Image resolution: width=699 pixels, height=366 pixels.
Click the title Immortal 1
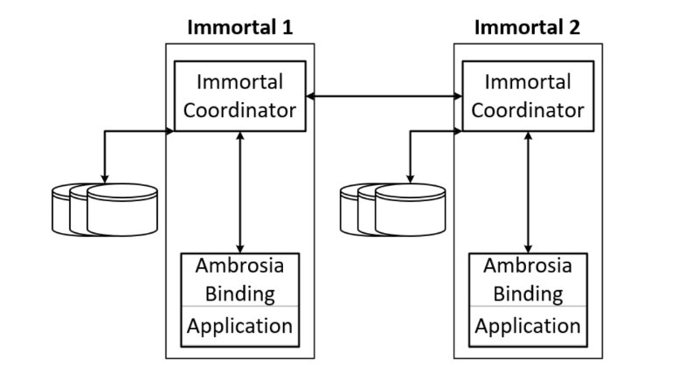point(239,27)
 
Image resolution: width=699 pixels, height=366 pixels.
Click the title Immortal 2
point(528,27)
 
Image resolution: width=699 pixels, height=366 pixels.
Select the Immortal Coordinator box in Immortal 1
point(239,96)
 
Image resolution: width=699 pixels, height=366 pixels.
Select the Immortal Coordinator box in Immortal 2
point(528,96)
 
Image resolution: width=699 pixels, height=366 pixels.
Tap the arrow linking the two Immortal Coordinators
point(384,96)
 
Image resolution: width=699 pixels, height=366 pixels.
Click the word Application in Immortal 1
point(239,327)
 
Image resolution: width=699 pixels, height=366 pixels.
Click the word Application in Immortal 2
point(528,327)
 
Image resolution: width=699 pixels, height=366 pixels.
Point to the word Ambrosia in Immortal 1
point(239,266)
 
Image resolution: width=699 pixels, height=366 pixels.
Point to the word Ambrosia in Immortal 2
point(528,266)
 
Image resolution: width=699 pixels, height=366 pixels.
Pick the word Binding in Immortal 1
point(239,294)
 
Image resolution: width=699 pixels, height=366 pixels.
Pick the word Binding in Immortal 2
point(528,294)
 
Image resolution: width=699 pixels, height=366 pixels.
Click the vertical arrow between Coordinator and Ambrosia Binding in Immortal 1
point(239,192)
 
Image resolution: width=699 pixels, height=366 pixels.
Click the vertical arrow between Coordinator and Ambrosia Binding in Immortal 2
point(528,192)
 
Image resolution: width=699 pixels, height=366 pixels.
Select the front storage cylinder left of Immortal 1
point(122,210)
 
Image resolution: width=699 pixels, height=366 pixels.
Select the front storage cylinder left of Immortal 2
point(410,210)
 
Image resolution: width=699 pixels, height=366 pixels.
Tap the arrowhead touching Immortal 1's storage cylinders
point(104,180)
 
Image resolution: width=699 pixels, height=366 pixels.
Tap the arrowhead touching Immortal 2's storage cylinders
point(410,180)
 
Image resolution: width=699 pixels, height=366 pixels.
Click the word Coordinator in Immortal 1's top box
point(239,111)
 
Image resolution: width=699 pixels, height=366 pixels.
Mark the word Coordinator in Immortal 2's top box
point(528,111)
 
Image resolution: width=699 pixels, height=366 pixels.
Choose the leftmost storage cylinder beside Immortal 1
point(60,210)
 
